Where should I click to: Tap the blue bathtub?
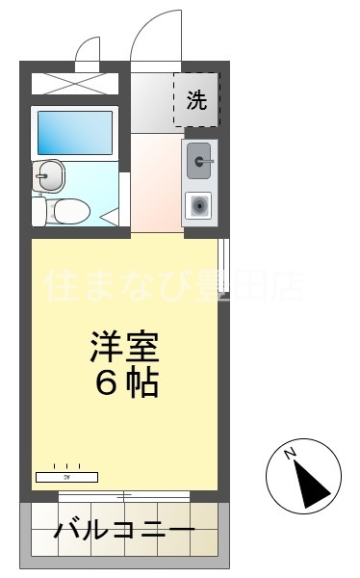point(74,132)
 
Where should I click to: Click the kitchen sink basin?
point(200,161)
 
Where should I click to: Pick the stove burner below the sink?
point(200,204)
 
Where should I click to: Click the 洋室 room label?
point(124,345)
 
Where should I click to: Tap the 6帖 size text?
point(126,383)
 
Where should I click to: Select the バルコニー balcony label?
point(124,531)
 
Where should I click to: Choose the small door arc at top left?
point(88,48)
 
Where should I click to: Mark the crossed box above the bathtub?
point(74,82)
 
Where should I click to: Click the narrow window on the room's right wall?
point(223,265)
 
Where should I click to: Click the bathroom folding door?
point(123,199)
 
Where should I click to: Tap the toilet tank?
point(38,210)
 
